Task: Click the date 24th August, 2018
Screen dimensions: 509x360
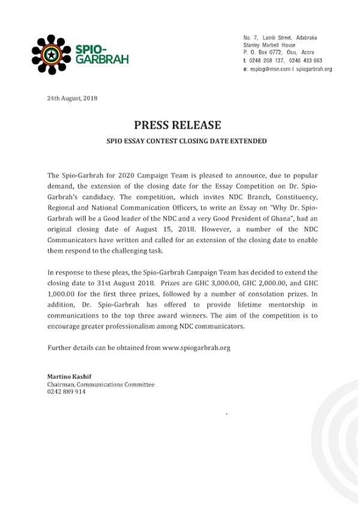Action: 72,98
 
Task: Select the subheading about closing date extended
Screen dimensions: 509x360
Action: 178,141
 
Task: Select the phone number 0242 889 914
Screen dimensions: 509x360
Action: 66,391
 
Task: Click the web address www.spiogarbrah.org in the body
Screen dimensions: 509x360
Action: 196,348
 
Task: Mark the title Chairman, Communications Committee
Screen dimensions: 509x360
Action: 100,384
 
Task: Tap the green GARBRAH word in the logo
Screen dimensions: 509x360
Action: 102,60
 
